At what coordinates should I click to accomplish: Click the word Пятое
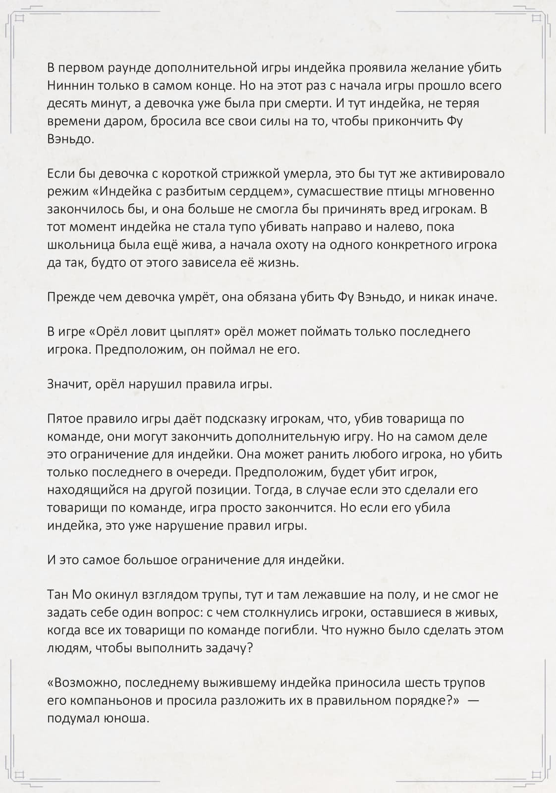(x=64, y=419)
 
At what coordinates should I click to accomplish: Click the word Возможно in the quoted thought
(x=84, y=683)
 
